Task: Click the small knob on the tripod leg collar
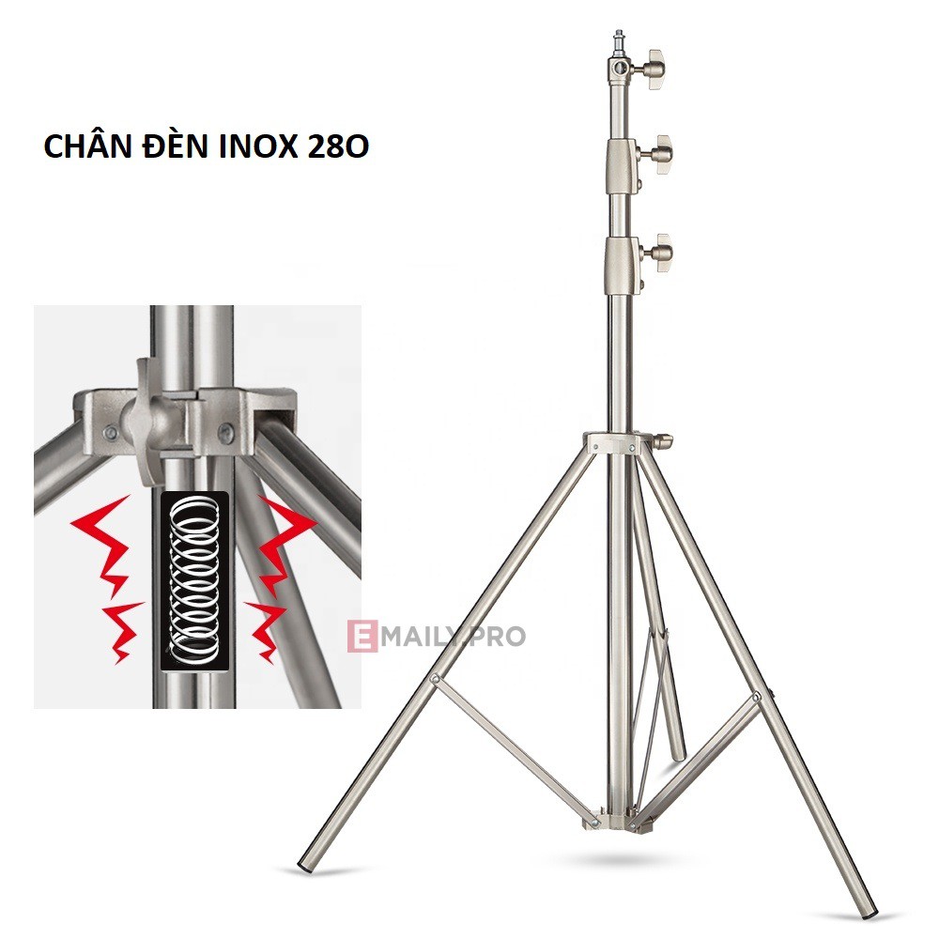pyautogui.click(x=664, y=439)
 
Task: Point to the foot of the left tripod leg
pyautogui.click(x=305, y=864)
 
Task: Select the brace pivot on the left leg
pyautogui.click(x=434, y=679)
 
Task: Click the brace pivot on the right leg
pyautogui.click(x=757, y=698)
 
